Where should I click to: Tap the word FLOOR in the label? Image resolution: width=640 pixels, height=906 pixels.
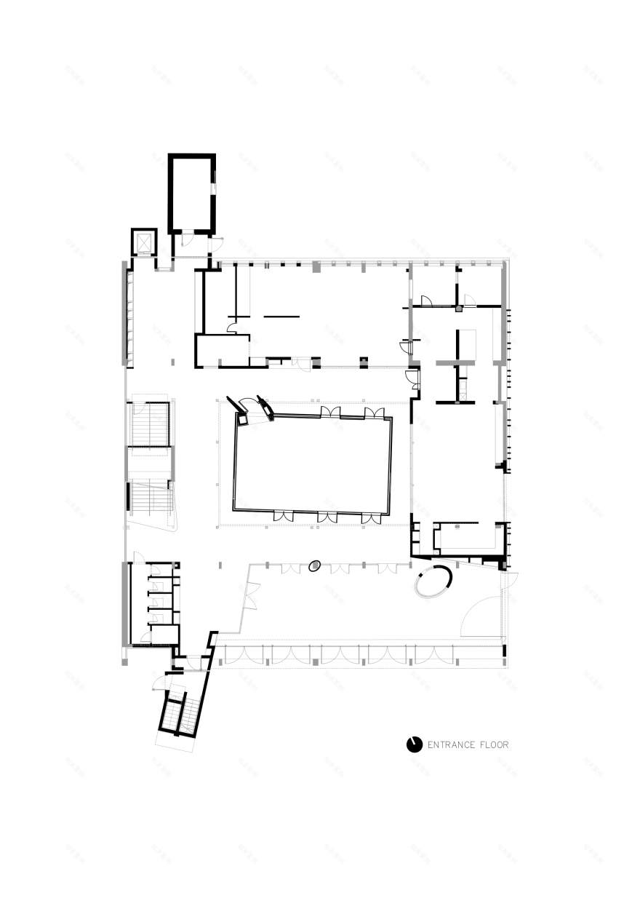[495, 744]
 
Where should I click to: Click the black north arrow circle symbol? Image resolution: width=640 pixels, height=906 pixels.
[415, 744]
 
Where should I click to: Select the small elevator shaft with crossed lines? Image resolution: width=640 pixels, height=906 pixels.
[143, 242]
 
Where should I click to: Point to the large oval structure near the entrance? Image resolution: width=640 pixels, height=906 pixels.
[433, 582]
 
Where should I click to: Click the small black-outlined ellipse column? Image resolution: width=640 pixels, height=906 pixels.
[314, 565]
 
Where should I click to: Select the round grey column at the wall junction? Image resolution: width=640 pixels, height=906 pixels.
[459, 309]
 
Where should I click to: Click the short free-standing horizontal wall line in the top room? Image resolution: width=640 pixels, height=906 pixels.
[281, 316]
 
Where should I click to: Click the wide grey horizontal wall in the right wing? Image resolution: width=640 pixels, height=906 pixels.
[455, 362]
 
